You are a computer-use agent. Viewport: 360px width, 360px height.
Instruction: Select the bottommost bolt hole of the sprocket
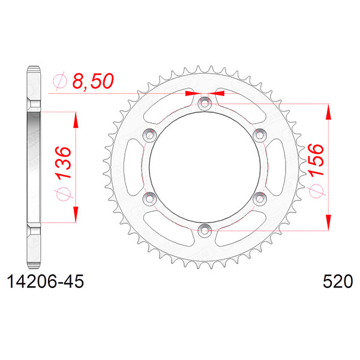(x=205, y=230)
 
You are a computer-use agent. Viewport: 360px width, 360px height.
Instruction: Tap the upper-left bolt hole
(x=150, y=134)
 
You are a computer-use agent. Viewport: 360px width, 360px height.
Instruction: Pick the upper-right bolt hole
(x=259, y=134)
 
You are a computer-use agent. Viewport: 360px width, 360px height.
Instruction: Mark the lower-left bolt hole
(x=150, y=197)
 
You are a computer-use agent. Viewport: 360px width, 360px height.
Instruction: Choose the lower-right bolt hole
(x=259, y=197)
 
